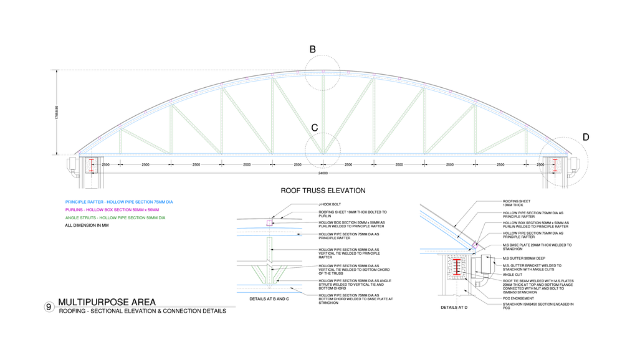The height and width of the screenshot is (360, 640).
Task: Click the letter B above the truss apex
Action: click(313, 49)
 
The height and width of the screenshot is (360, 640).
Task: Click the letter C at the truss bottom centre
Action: click(315, 128)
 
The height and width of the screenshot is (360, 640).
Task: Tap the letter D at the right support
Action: click(586, 137)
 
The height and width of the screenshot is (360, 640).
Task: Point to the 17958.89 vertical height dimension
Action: click(56, 112)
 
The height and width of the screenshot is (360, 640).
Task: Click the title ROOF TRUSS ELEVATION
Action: click(323, 191)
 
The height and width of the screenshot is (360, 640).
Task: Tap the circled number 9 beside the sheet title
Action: click(49, 307)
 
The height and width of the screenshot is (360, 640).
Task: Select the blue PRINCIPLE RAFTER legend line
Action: click(118, 202)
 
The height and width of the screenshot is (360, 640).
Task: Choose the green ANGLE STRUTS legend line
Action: click(115, 218)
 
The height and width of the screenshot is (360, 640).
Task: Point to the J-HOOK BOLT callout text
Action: click(330, 204)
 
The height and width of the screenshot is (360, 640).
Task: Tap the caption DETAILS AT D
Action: click(454, 307)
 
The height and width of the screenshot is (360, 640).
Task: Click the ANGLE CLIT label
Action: click(512, 275)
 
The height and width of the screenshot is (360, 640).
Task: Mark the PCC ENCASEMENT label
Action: click(519, 298)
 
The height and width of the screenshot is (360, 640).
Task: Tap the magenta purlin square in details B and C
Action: click(269, 223)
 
